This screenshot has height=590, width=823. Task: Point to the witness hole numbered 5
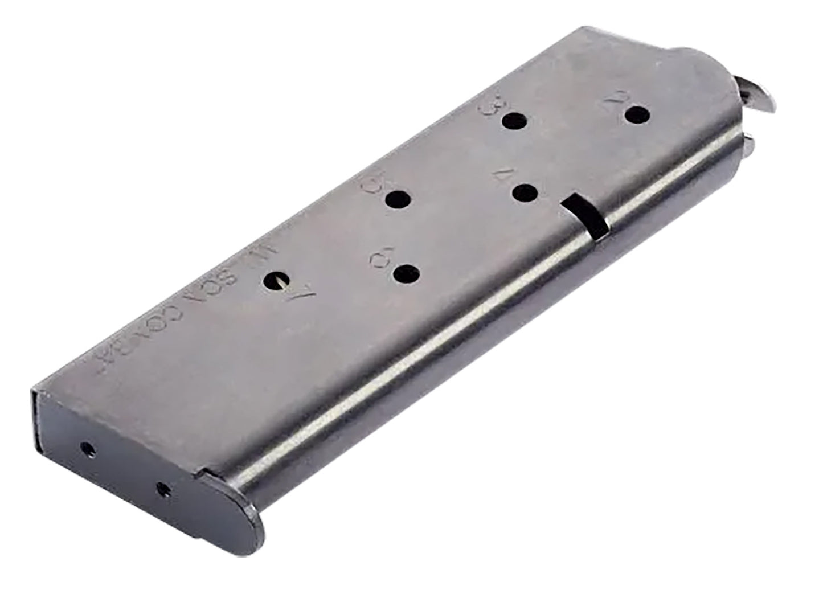[398, 200]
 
